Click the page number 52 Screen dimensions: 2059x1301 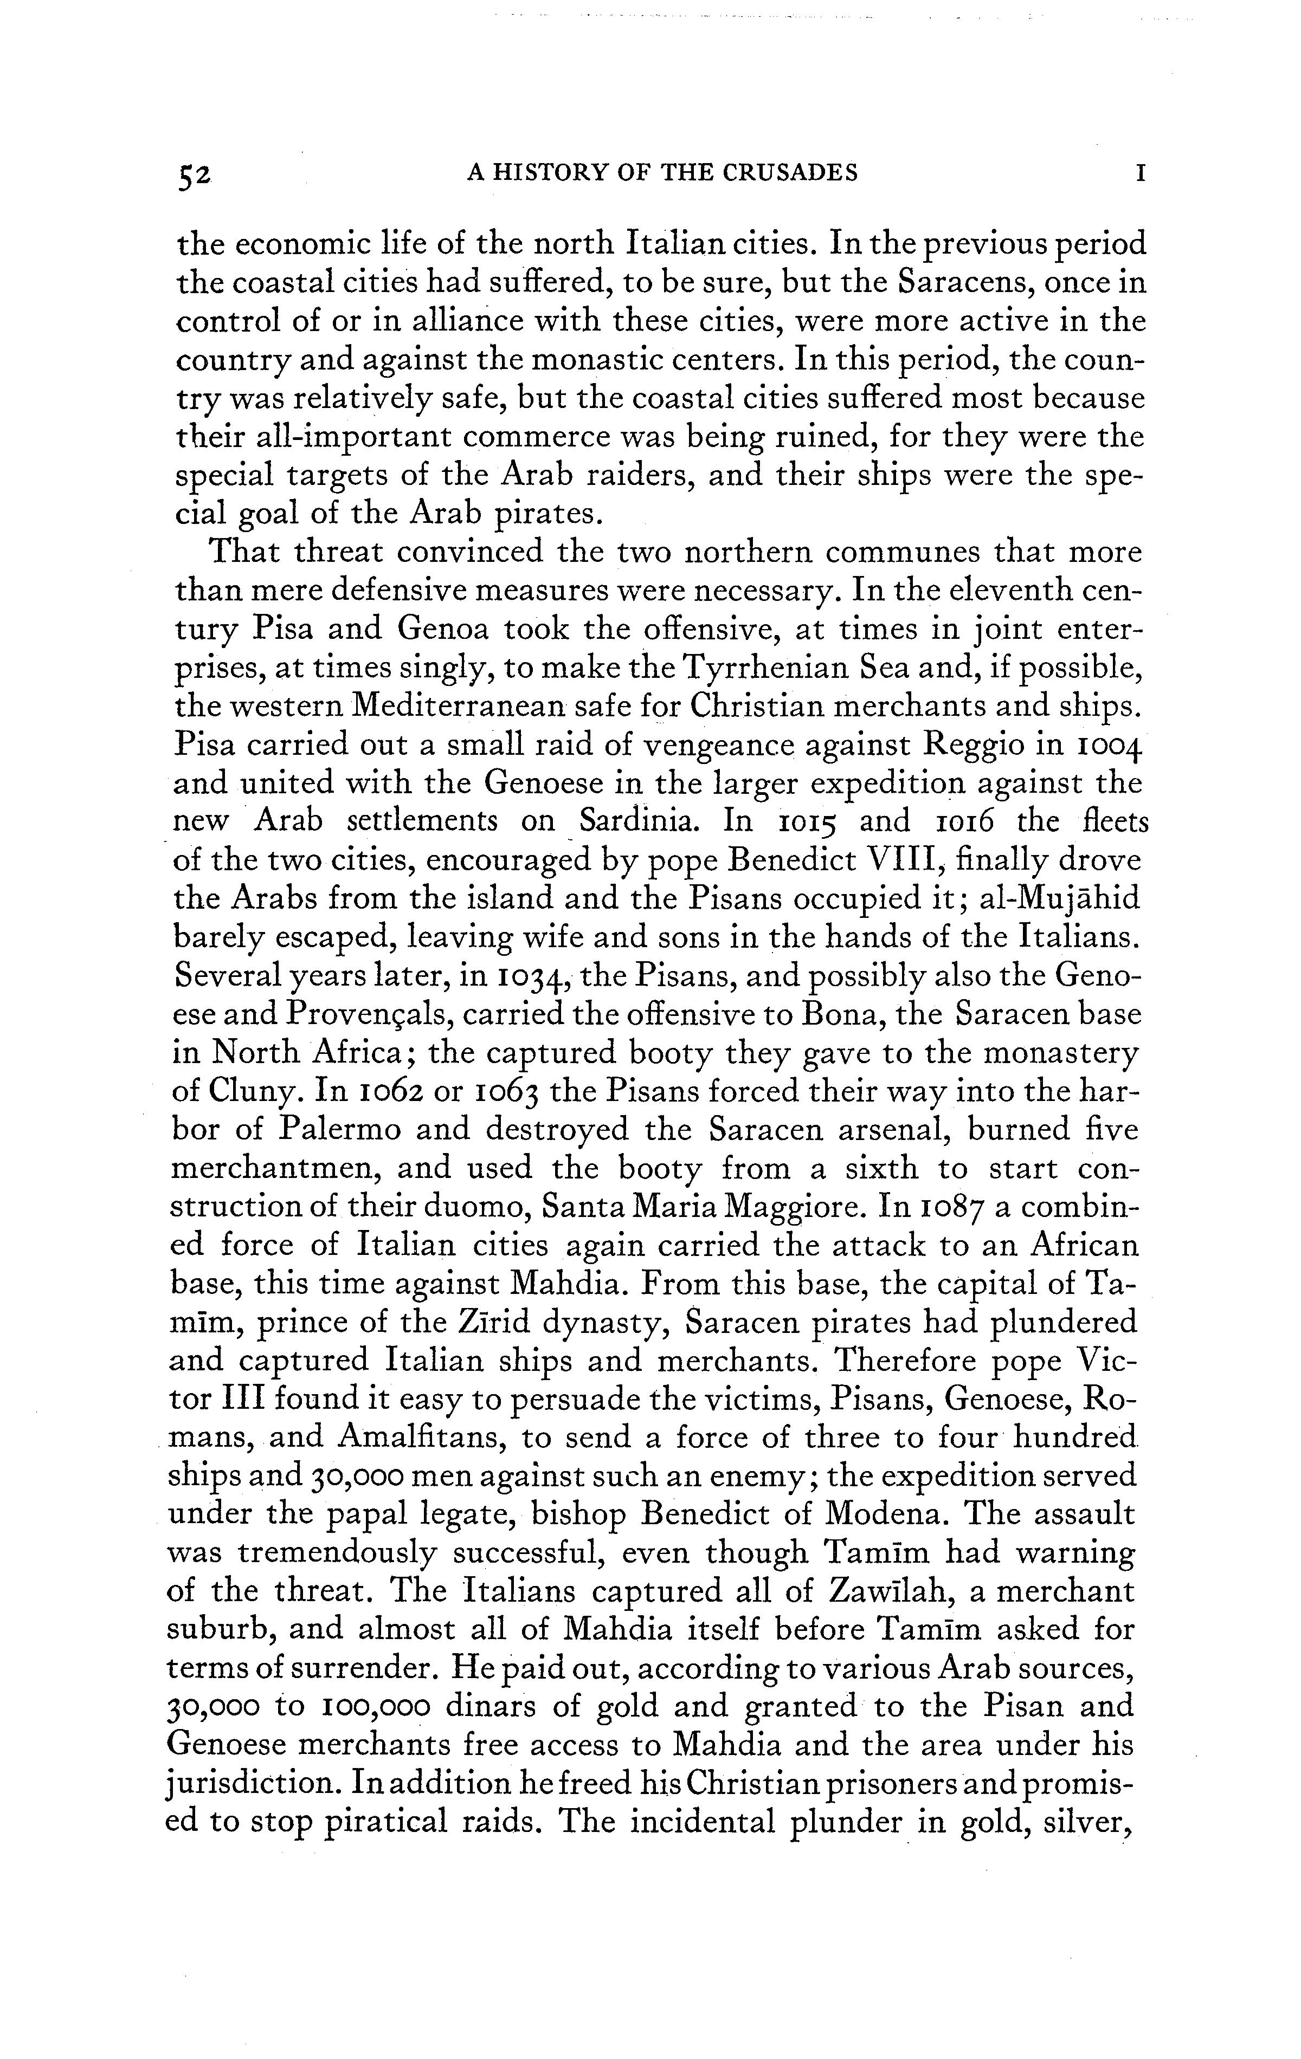194,174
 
